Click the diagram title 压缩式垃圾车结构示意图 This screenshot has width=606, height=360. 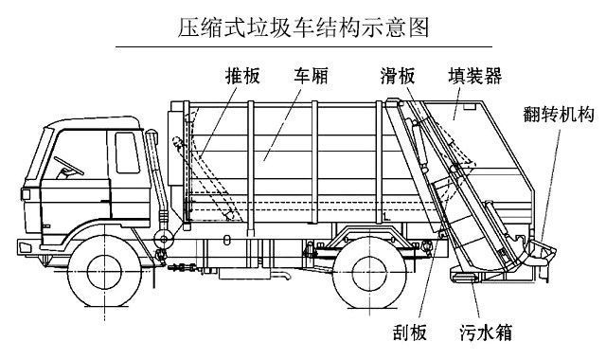303,26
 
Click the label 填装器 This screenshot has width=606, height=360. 475,74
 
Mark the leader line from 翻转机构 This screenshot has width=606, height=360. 550,180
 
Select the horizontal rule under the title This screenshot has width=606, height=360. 303,46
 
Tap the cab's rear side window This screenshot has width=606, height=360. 126,152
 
